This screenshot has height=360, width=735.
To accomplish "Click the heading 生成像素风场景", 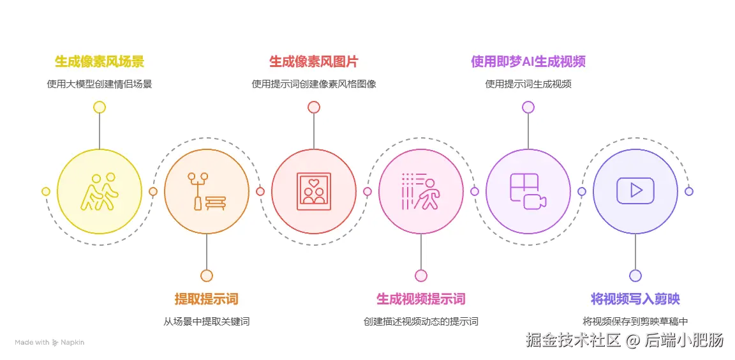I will (100, 62).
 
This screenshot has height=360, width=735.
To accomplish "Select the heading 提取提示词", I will (206, 299).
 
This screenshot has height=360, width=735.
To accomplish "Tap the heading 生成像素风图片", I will (313, 62).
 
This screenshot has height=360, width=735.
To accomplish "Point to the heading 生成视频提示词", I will (420, 299).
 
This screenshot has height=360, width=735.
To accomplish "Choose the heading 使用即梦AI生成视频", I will (528, 62).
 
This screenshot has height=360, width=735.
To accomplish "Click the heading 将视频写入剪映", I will (635, 299).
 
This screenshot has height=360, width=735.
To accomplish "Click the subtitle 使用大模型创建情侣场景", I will (100, 84).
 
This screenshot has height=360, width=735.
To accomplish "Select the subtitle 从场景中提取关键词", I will (206, 321).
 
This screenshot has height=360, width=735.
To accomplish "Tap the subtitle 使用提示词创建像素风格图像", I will (313, 84).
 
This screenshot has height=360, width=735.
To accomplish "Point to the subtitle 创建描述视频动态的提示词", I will (420, 321).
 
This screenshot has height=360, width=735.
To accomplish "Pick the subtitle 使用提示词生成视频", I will (528, 84).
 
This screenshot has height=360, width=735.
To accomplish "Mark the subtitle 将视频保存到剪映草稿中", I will (635, 321).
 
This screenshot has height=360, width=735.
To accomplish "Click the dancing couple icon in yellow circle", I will (100, 191).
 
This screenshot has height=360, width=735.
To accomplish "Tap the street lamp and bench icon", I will (206, 191).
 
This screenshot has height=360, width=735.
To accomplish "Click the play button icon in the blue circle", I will (635, 191).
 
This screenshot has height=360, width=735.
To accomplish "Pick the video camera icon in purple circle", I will (528, 191).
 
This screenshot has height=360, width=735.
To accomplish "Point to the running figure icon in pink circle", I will (420, 191).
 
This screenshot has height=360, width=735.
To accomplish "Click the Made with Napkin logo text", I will (49, 342).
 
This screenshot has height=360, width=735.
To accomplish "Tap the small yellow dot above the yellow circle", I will (100, 107).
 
